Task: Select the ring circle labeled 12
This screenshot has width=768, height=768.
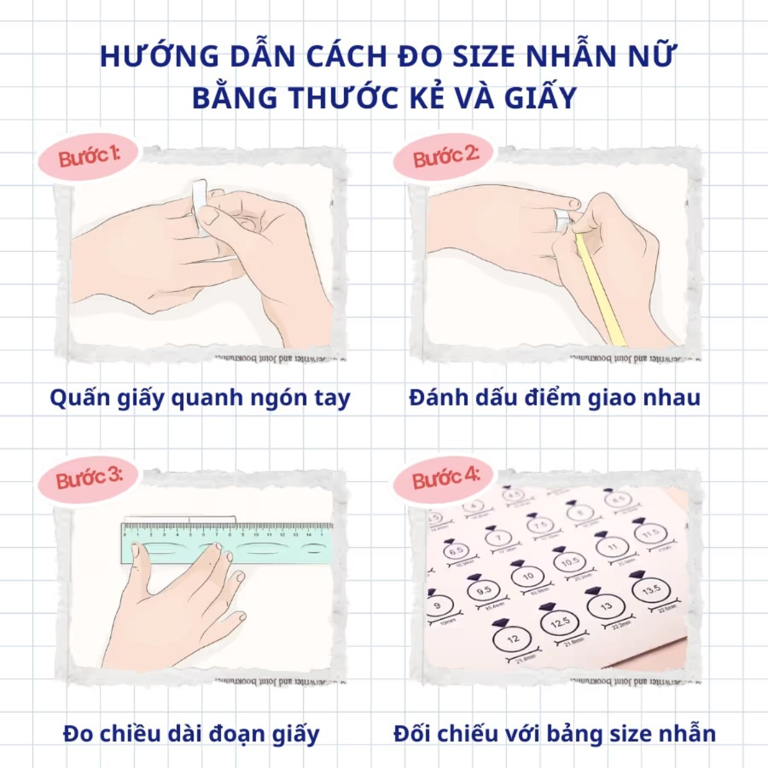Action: (x=513, y=638)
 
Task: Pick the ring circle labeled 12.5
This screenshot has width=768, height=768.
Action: (x=559, y=622)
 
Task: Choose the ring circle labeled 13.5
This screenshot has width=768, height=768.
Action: (x=650, y=589)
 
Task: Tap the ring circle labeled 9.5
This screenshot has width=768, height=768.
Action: (x=484, y=590)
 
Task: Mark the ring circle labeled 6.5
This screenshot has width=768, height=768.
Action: (x=456, y=551)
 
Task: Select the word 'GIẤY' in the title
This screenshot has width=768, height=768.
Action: (x=540, y=98)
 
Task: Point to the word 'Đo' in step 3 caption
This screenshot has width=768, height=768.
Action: (x=78, y=733)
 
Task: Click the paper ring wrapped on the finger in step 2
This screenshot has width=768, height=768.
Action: (x=562, y=220)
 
